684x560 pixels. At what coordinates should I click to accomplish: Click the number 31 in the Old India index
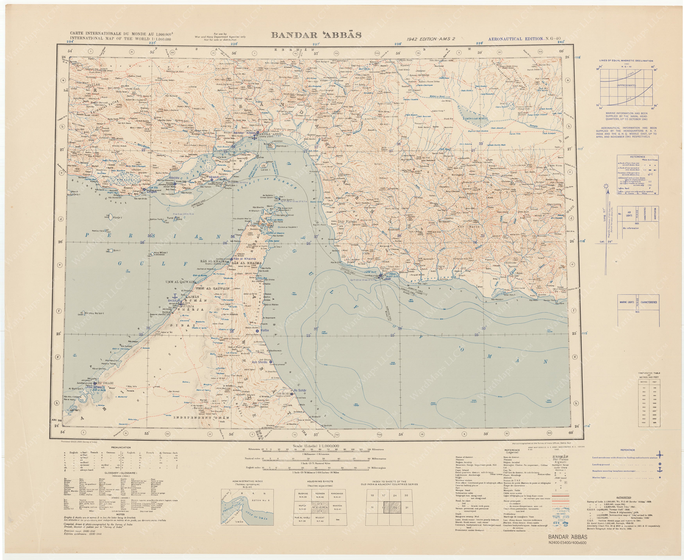[406, 507]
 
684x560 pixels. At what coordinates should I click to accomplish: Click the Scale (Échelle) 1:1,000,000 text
[316, 446]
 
